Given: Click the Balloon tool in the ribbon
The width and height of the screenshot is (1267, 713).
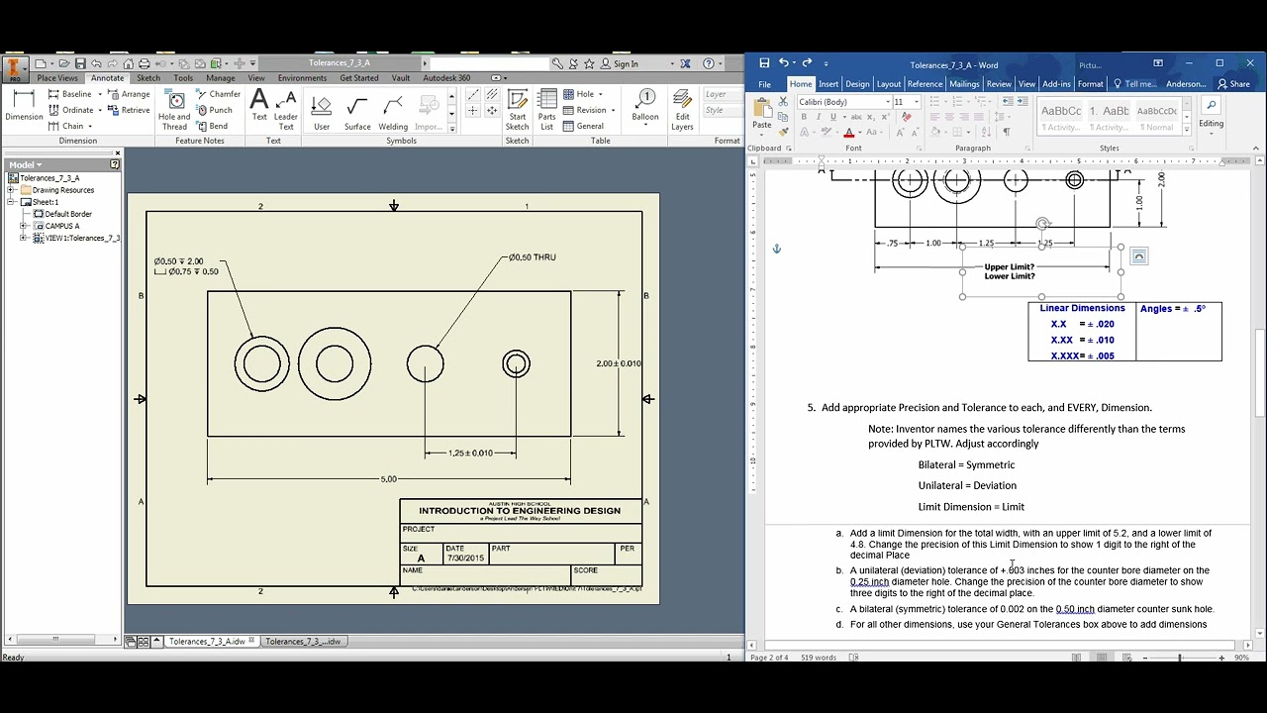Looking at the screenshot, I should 645,105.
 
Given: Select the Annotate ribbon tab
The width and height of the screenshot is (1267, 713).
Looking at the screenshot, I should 107,78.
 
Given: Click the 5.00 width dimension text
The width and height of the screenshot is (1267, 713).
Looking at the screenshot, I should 388,479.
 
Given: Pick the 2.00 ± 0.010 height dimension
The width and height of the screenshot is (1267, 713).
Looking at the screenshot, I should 619,363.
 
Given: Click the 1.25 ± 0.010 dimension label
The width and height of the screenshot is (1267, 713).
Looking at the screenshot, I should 470,454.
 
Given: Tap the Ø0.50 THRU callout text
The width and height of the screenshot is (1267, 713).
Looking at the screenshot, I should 533,257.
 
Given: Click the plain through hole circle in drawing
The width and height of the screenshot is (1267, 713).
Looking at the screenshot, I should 426,364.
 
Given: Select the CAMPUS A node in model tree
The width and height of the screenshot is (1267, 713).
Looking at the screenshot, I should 61,226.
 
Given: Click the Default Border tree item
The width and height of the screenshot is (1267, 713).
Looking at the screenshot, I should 67,214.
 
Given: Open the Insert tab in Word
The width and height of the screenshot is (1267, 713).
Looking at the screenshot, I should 828,84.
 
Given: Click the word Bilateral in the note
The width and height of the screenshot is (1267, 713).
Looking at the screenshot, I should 936,464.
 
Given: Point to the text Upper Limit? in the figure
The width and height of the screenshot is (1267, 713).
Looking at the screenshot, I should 1009,267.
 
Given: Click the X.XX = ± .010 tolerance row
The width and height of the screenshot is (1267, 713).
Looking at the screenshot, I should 1082,340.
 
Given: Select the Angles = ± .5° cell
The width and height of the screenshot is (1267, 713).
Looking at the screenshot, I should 1173,309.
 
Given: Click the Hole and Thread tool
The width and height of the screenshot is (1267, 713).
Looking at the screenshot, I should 174,109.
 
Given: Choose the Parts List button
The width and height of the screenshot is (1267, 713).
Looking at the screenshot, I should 546,109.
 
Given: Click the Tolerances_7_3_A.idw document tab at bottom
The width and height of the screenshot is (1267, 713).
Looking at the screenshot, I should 206,642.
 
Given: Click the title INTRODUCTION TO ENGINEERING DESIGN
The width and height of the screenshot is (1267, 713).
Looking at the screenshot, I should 520,511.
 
